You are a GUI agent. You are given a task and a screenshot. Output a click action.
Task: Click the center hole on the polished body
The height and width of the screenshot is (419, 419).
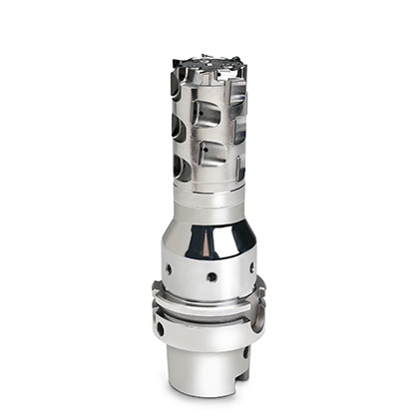(x=211, y=276)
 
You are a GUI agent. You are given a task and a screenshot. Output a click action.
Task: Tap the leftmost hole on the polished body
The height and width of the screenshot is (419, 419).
(x=168, y=269)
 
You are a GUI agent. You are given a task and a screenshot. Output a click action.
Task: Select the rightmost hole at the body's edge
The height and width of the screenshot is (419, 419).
(x=251, y=267)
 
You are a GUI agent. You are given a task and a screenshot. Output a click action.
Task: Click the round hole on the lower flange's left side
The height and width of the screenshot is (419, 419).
(x=160, y=328)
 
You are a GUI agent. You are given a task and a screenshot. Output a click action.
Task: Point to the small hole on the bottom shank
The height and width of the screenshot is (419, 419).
(x=245, y=351)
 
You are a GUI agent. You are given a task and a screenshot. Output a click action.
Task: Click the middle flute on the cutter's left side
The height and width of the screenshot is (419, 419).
(x=177, y=127)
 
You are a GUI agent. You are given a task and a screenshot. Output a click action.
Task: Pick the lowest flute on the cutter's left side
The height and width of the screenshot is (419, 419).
(x=180, y=166)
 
